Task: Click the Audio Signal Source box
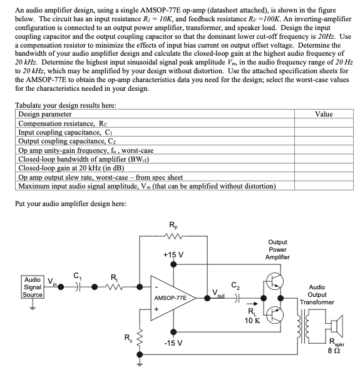tap(32, 287)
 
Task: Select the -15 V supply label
tap(172, 343)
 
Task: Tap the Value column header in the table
tap(324, 114)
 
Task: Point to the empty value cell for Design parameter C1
tap(324, 132)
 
